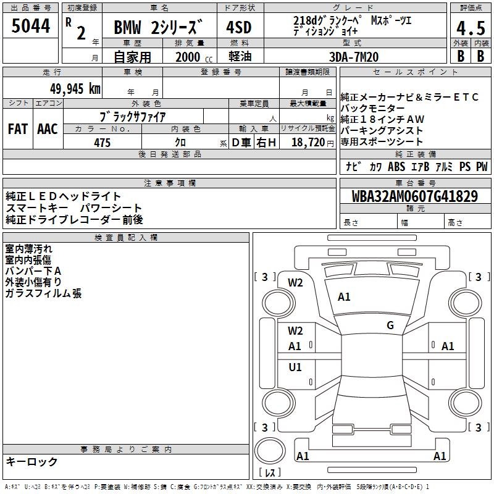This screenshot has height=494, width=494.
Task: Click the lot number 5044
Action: (x=30, y=26)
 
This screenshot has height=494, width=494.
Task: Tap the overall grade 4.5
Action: (x=471, y=28)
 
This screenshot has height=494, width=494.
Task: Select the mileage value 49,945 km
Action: (x=75, y=89)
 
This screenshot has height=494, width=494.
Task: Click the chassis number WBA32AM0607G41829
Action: (x=414, y=196)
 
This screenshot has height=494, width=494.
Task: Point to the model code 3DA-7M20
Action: (x=354, y=57)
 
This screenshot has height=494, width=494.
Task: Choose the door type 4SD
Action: (x=239, y=27)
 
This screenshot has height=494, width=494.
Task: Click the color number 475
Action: (x=102, y=143)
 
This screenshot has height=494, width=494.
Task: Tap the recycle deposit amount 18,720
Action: (x=308, y=143)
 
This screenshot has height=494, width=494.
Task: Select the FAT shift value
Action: (x=18, y=129)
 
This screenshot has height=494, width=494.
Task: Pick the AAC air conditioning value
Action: (x=48, y=129)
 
